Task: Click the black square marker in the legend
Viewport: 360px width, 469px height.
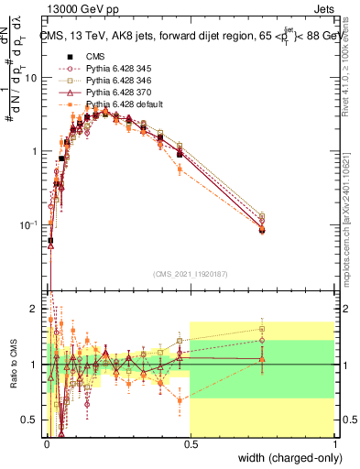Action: click(x=67, y=56)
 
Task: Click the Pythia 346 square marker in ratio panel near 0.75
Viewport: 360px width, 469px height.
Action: click(x=262, y=329)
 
